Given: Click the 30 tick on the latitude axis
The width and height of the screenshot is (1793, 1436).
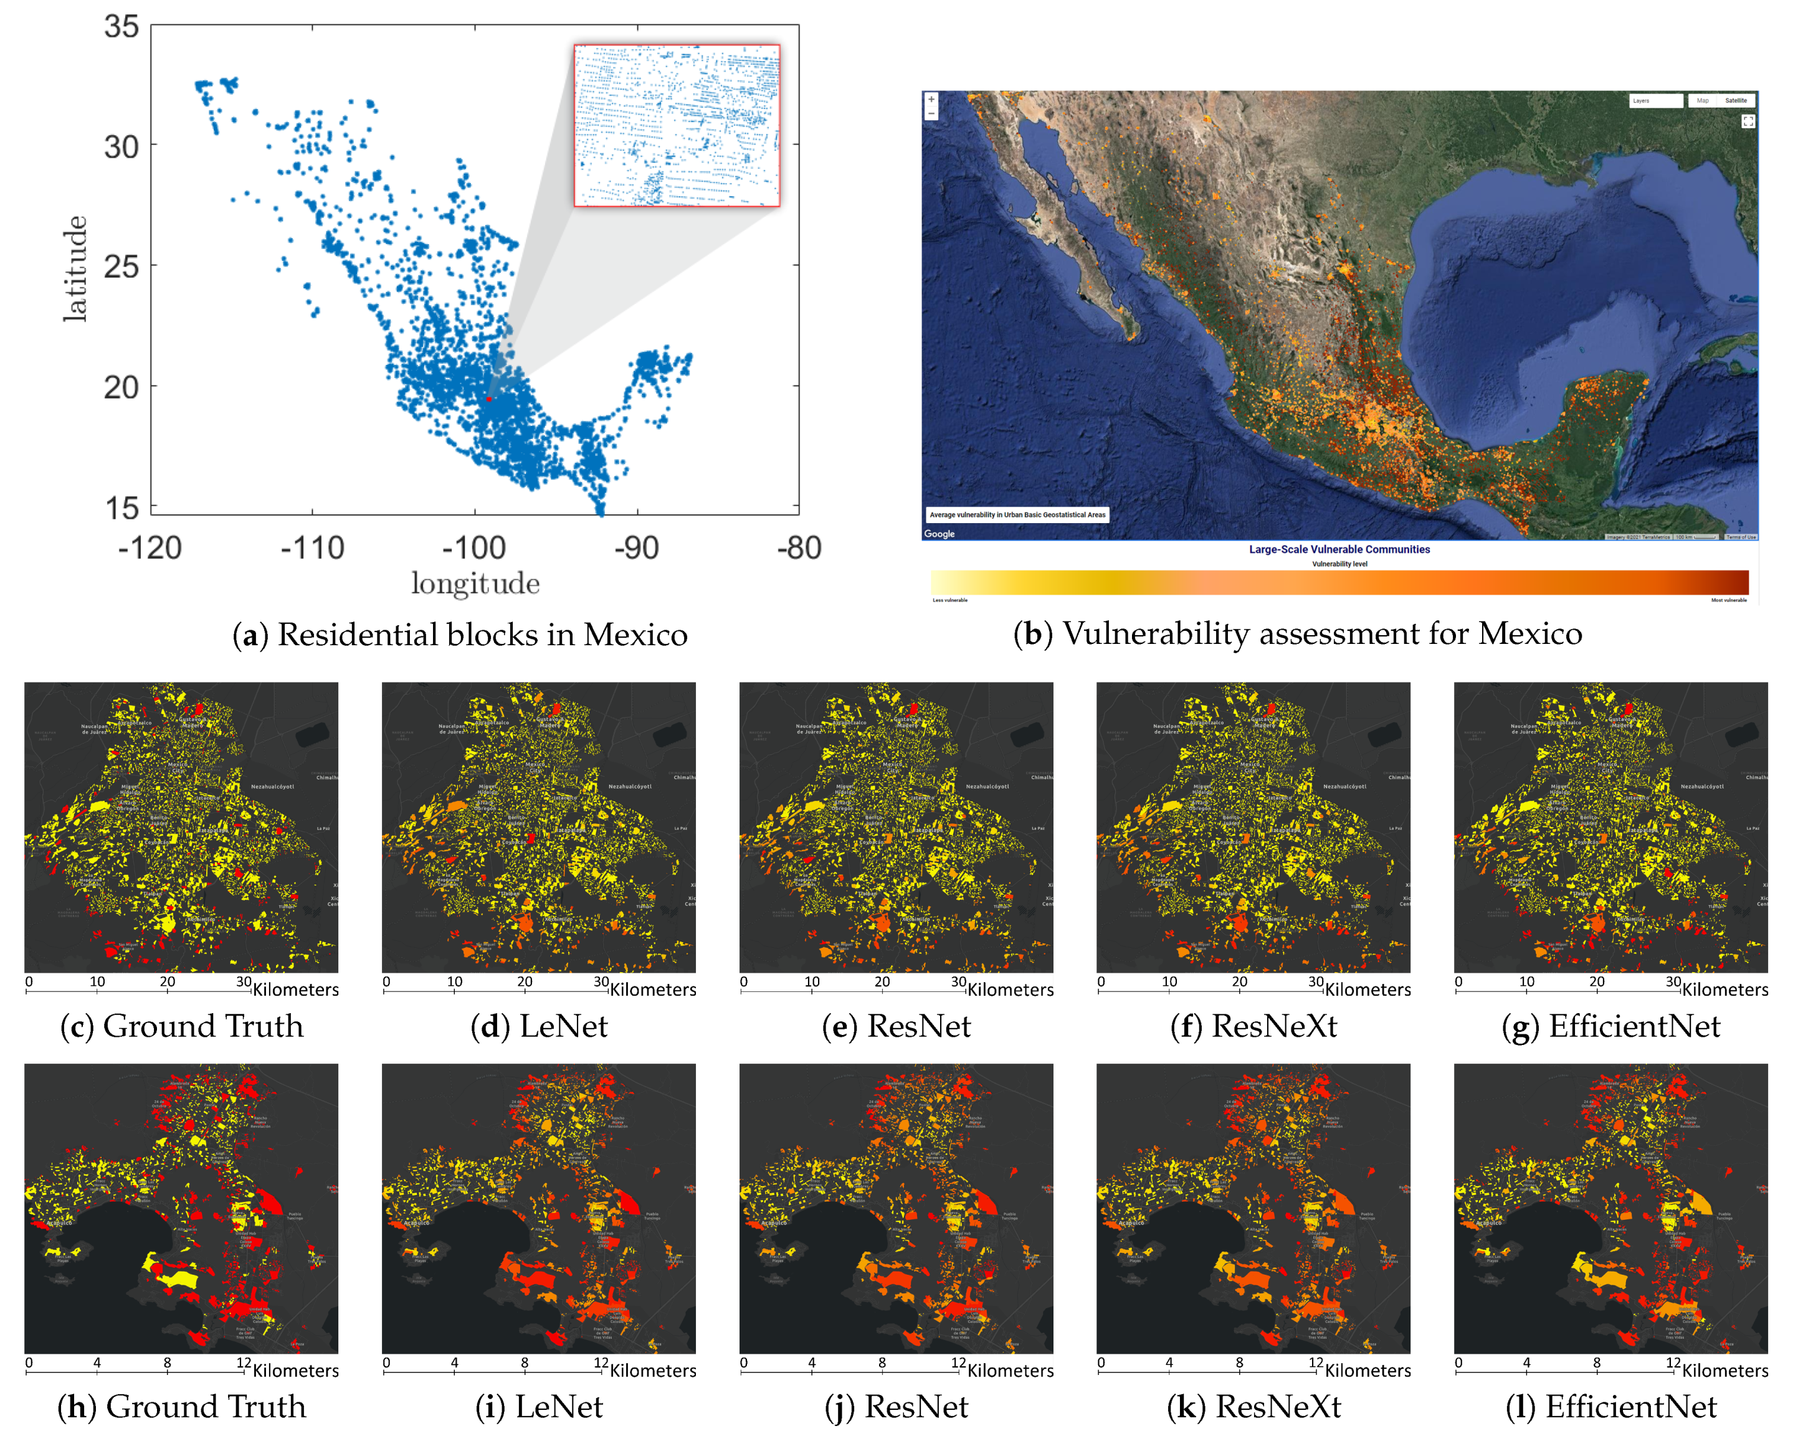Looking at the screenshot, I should coord(121,147).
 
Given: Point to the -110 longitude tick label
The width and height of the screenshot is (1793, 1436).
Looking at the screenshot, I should coord(312,548).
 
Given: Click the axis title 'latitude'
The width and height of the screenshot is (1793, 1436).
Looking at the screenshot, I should coord(75,268).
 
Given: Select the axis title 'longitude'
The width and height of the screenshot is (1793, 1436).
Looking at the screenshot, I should coord(475,583).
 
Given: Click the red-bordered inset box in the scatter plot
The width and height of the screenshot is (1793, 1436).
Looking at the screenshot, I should coord(677,126).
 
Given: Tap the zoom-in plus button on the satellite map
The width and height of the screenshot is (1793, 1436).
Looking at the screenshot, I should coord(931,100).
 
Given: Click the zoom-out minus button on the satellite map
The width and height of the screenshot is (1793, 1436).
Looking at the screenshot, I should coord(931,113).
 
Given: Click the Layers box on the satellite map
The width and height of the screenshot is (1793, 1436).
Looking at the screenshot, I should coord(1654,101).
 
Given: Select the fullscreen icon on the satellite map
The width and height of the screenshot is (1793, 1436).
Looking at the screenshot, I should coord(1748,121).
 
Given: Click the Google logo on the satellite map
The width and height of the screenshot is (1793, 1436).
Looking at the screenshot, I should coord(939,534).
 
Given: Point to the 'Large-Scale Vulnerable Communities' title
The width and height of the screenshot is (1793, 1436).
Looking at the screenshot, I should coord(1339,550).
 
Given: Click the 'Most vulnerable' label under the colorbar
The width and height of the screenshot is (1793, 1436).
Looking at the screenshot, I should coord(1728,600).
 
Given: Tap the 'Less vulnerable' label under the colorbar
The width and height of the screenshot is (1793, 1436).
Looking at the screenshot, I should coord(949,600).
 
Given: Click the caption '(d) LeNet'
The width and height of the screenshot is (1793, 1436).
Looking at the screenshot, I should coord(539,1026).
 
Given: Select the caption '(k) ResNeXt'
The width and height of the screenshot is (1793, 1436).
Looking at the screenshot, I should coord(1253,1407).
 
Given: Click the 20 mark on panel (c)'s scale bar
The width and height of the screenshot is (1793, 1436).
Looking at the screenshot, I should coord(167,982).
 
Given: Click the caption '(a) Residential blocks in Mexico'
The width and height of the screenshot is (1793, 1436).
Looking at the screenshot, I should coord(460,635).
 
